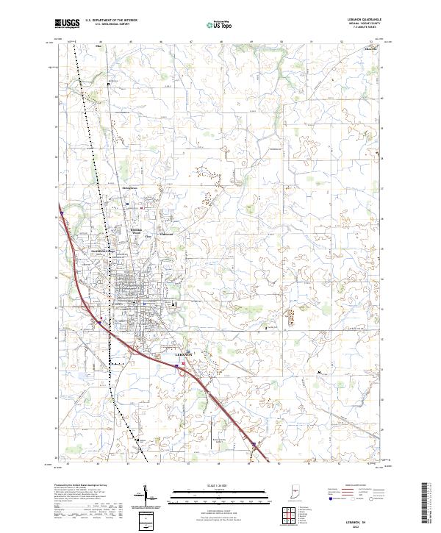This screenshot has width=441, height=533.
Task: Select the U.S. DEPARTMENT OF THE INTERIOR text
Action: tap(112, 21)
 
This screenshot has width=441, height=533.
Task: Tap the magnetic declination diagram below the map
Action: tap(150, 498)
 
